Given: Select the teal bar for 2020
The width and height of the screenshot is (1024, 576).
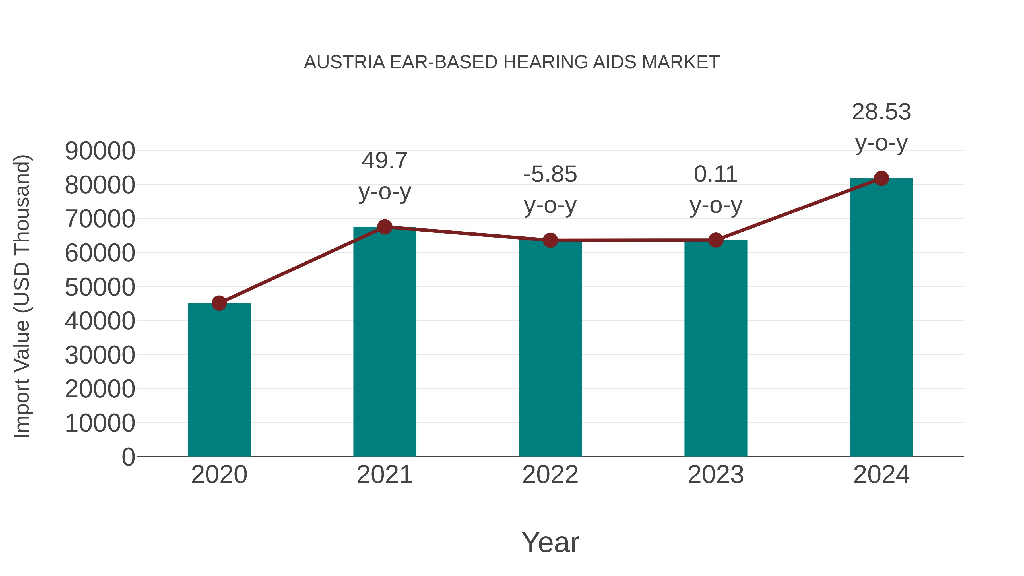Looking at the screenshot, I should tap(219, 380).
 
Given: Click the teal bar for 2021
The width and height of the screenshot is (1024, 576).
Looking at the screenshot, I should tap(384, 342).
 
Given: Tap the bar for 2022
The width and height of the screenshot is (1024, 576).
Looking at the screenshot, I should tap(550, 349).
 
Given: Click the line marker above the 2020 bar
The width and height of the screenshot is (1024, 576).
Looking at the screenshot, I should tap(219, 303).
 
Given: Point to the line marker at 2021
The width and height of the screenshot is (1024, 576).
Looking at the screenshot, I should tap(384, 227).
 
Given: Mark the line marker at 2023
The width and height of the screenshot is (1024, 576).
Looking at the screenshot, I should tap(716, 240).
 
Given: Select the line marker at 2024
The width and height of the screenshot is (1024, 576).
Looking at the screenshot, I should tap(881, 178).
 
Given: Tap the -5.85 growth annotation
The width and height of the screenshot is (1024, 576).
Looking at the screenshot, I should tap(550, 190).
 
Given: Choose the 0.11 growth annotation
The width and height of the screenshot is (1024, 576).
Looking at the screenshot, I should tap(716, 190).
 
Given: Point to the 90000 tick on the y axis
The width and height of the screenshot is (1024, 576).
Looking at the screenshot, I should tap(100, 151).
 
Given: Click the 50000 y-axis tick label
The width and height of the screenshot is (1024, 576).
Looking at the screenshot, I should tap(100, 287).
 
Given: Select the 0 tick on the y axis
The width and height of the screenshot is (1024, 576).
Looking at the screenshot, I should tap(128, 457).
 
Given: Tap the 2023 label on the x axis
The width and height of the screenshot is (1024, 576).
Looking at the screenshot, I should tap(716, 475).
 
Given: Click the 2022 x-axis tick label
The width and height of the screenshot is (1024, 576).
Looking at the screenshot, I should tap(550, 475).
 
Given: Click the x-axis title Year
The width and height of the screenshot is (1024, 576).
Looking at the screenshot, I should tap(550, 542).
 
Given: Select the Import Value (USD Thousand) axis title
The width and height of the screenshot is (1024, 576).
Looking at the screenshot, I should tap(22, 296).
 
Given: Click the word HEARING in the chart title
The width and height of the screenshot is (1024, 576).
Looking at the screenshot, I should tap(547, 62).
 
